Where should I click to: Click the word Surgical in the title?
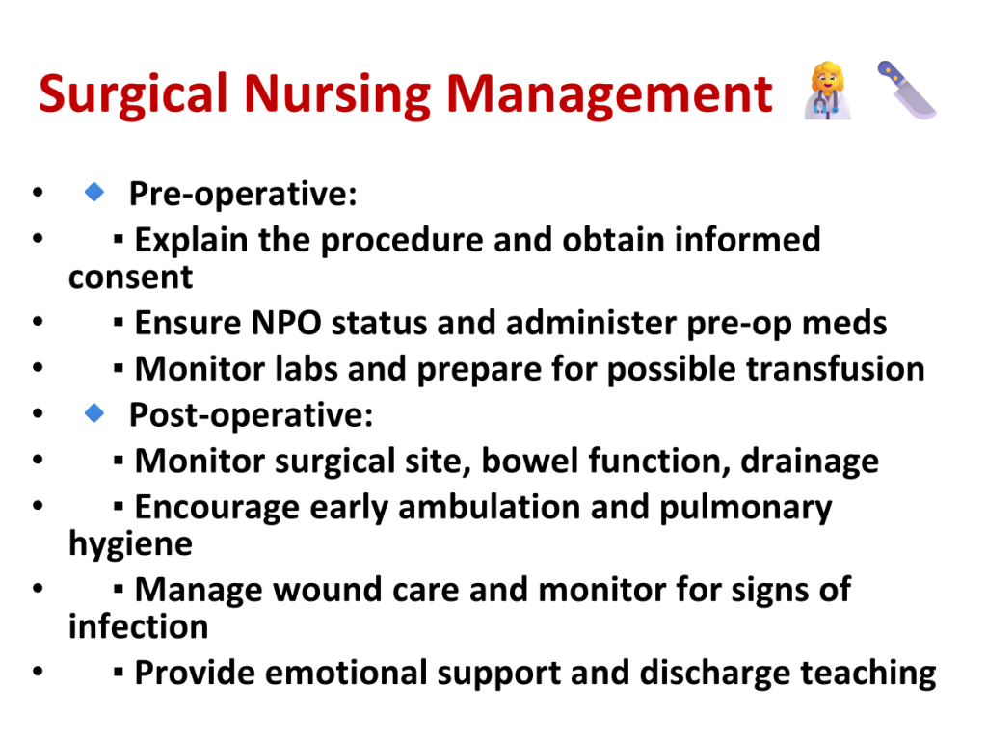pyautogui.click(x=133, y=94)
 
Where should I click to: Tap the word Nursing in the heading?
pyautogui.click(x=336, y=94)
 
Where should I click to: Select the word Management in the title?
pyautogui.click(x=609, y=94)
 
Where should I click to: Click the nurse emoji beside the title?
pyautogui.click(x=827, y=91)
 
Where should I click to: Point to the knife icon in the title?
pyautogui.click(x=906, y=90)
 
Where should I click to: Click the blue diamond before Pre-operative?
pyautogui.click(x=94, y=192)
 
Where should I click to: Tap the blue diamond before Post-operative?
pyautogui.click(x=94, y=412)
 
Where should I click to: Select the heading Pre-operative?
pyautogui.click(x=243, y=193)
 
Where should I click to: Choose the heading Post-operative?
pyautogui.click(x=252, y=414)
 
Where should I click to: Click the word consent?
pyautogui.click(x=130, y=277)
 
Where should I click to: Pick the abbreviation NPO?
pyautogui.click(x=286, y=323)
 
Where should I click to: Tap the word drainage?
pyautogui.click(x=810, y=462)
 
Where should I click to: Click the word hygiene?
pyautogui.click(x=130, y=544)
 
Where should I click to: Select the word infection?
pyautogui.click(x=138, y=626)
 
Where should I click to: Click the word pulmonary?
pyautogui.click(x=745, y=509)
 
